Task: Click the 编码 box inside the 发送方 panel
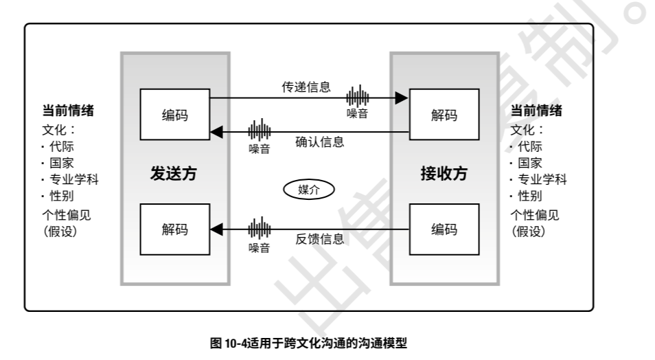click(x=174, y=115)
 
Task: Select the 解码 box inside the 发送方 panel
click(x=174, y=229)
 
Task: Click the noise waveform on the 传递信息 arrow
click(x=357, y=97)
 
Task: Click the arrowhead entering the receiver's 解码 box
click(x=402, y=98)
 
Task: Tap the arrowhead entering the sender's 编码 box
click(x=216, y=131)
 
